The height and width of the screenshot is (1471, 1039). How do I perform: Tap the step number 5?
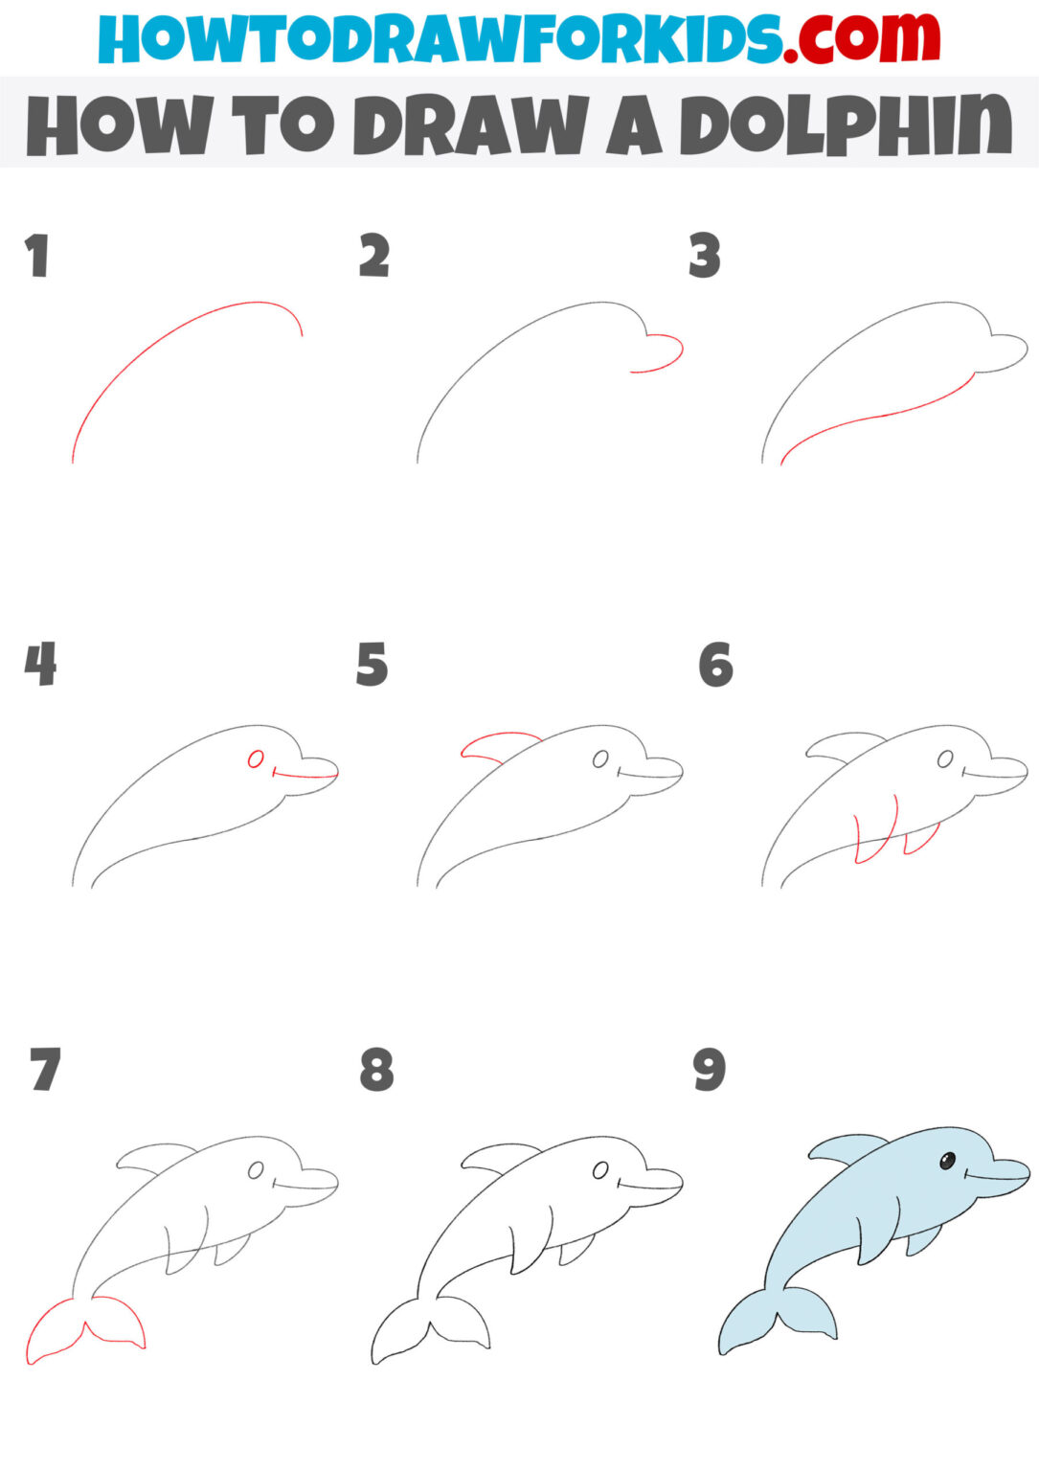(x=372, y=665)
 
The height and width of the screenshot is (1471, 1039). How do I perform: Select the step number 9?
(x=710, y=1071)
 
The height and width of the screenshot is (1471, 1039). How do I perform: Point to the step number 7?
(x=45, y=1071)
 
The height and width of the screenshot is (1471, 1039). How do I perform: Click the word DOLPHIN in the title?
(x=846, y=125)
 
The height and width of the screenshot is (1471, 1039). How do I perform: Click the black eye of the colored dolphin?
(x=946, y=1162)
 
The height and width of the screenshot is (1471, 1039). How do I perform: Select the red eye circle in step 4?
(x=256, y=759)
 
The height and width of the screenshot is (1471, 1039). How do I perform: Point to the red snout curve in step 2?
(x=665, y=354)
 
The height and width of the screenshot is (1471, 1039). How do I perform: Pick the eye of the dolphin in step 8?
(x=600, y=1170)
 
